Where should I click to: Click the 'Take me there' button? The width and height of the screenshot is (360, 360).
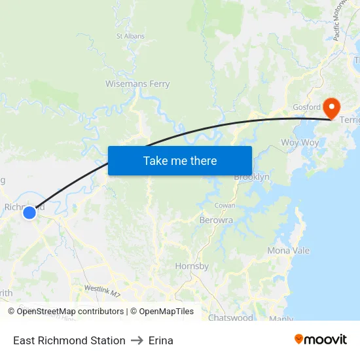coord(180,160)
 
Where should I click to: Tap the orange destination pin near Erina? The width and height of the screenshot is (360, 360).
coord(331,107)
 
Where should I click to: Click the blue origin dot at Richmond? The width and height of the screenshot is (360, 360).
coord(29,213)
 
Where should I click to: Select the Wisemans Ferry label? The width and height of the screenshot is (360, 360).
coord(137,84)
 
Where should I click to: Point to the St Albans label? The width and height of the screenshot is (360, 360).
coord(130,36)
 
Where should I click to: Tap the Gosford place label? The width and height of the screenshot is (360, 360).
coord(306,107)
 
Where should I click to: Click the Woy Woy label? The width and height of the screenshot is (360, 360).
coord(300,143)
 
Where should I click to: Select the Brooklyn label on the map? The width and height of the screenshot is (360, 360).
coord(252,177)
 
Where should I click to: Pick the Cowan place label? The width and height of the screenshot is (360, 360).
coord(225,206)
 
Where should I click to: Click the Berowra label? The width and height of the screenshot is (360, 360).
coord(216,221)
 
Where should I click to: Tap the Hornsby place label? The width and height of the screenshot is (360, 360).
coord(192,266)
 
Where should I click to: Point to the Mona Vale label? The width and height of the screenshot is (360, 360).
coord(289,251)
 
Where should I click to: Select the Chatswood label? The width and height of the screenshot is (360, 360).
coord(230,318)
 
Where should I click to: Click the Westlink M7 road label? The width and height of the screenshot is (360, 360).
coord(103,291)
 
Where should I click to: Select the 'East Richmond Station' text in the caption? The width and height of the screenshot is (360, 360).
coord(69,340)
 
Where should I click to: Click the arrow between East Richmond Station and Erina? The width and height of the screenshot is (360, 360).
coord(137,340)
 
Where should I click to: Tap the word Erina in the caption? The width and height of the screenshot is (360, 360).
coord(161,340)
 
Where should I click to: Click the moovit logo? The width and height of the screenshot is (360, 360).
coord(321,339)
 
